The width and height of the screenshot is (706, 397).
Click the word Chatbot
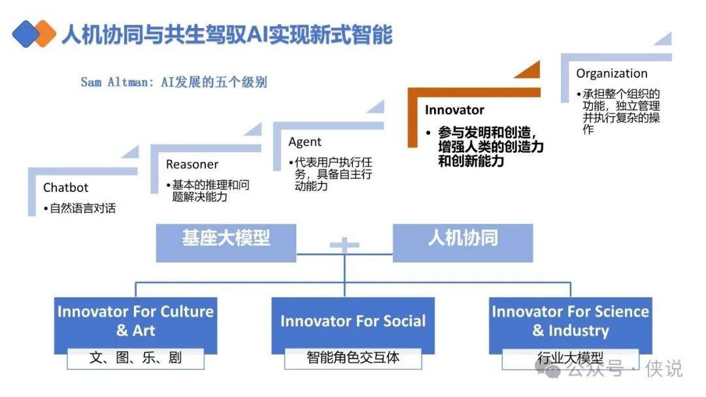pos(66,187)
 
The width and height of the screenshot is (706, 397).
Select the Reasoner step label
pos(192,165)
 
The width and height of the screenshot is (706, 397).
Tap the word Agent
pos(305,142)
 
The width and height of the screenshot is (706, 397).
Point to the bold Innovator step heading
pos(454,110)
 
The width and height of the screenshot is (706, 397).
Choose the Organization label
pos(611,73)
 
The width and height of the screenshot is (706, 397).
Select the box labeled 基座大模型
pos(226,243)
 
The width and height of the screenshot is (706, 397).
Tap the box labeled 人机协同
pos(463,243)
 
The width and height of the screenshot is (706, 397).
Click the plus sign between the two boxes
pos(345,245)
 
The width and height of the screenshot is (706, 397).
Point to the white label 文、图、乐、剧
pos(135,358)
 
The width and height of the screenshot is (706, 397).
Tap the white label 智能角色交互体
pos(353,358)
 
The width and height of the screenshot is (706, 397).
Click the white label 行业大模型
pos(571,358)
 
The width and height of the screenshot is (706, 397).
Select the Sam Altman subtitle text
pos(174,82)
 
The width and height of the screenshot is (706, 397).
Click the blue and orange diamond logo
pos(34,34)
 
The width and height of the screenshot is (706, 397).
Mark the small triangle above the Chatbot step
pos(131,152)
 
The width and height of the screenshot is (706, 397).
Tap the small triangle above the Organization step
pos(664,39)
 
